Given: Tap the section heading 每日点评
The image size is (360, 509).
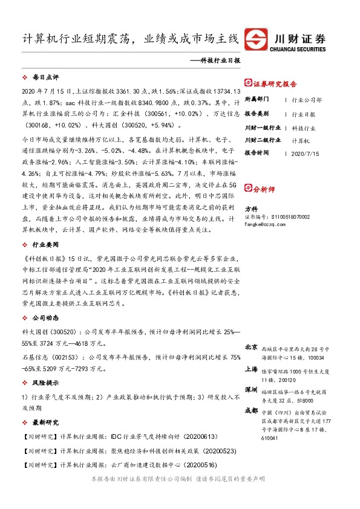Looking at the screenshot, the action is (x=45, y=78).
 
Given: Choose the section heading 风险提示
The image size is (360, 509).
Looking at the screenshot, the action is (x=45, y=366).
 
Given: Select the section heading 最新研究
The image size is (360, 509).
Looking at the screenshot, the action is (x=45, y=422).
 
